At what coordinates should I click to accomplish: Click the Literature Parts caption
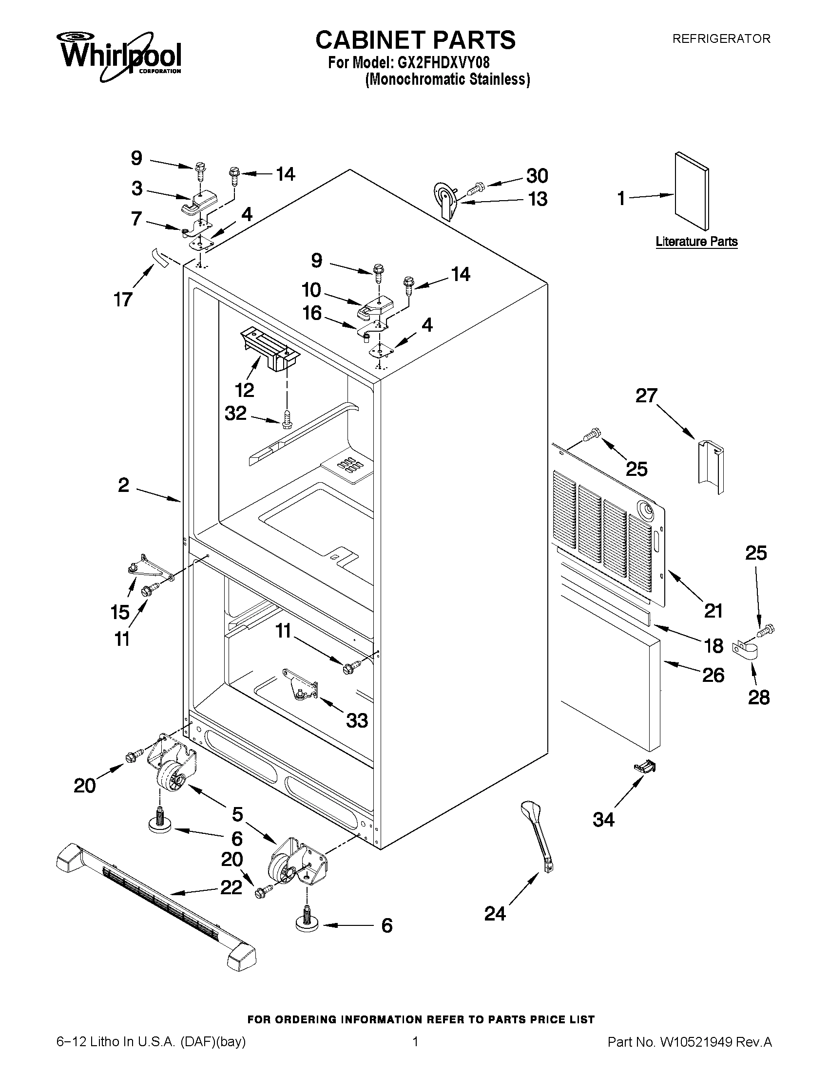(x=696, y=242)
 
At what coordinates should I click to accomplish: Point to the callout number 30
(x=537, y=176)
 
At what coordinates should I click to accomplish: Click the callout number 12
(x=244, y=390)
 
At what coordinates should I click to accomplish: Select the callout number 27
(x=646, y=395)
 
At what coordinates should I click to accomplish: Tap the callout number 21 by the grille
(x=713, y=611)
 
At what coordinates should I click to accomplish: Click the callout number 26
(x=713, y=676)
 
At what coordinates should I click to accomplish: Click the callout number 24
(x=495, y=913)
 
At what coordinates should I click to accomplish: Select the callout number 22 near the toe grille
(x=231, y=887)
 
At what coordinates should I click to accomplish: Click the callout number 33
(x=357, y=720)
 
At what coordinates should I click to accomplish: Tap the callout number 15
(x=120, y=612)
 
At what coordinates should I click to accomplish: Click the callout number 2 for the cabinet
(x=123, y=485)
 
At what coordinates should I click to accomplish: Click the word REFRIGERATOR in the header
(x=721, y=39)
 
